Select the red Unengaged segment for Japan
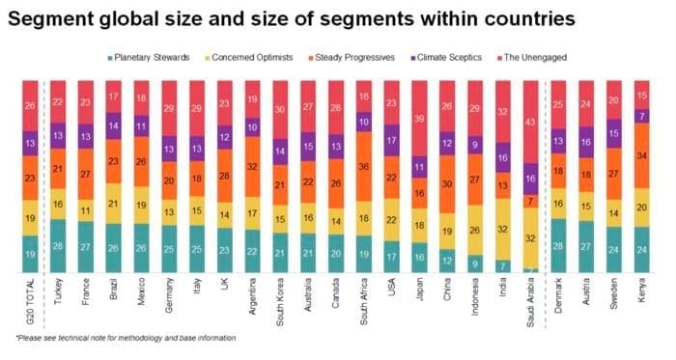417,116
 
